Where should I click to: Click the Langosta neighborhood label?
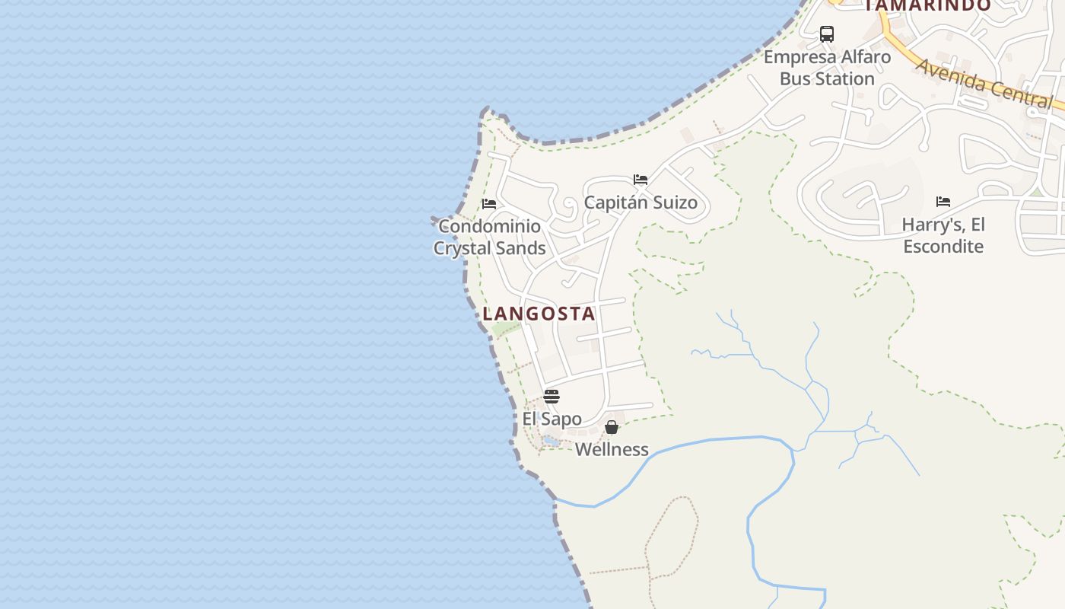point(539,314)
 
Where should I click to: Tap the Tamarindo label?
point(928,5)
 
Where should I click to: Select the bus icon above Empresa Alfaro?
point(827,34)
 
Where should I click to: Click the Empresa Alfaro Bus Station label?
point(827,68)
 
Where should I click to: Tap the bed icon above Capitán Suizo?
point(641,180)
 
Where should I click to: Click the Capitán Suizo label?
point(641,202)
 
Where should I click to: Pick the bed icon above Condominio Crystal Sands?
point(489,204)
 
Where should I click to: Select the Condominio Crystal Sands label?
point(490,237)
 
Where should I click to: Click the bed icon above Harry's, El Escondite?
point(943,202)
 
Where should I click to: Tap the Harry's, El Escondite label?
point(943,235)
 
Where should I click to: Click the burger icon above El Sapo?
point(552,397)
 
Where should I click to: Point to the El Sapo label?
point(552,419)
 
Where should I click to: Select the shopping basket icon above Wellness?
point(612,427)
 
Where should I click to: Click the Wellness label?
point(612,449)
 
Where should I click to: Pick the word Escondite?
point(943,246)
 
